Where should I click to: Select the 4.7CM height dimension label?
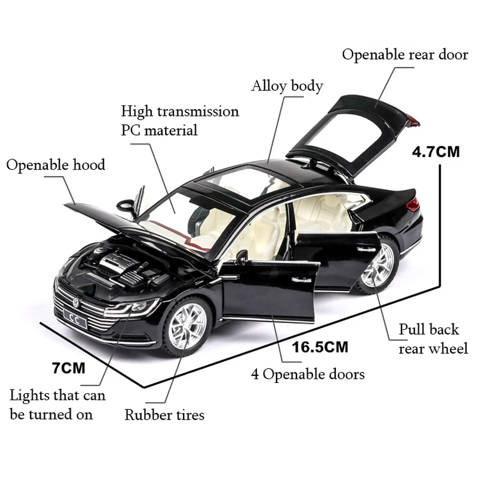(x=436, y=151)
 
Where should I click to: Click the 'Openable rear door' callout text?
(x=405, y=55)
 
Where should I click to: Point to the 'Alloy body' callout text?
(x=287, y=86)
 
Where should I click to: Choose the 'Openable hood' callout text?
(x=56, y=165)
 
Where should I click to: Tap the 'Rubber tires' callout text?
(x=164, y=415)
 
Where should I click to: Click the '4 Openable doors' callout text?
(x=307, y=375)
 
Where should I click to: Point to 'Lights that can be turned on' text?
(x=57, y=405)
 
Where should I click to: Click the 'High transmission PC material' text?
(x=179, y=120)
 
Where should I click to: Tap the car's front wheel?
(x=187, y=328)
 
